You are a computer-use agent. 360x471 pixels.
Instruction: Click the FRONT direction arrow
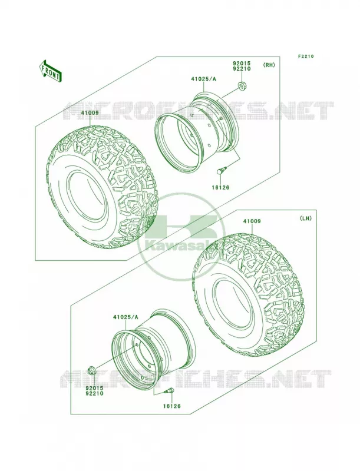click(50, 71)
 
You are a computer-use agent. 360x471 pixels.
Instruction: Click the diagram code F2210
click(306, 56)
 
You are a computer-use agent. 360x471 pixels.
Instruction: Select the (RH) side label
click(269, 65)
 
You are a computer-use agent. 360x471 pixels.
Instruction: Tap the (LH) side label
click(305, 218)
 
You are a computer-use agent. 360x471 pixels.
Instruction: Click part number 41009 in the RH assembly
click(90, 113)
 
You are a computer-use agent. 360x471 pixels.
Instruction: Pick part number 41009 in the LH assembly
click(252, 221)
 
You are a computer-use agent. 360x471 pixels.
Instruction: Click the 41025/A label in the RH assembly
click(203, 79)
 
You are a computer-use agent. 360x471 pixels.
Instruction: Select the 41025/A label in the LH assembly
click(125, 317)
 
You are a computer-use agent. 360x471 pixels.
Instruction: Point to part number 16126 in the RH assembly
click(220, 188)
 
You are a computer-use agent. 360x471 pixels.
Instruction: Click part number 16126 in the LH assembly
click(172, 406)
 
